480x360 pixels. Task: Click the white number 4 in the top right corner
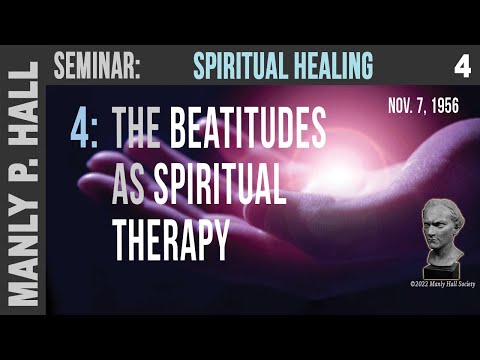461,67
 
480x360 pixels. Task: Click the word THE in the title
149,130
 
